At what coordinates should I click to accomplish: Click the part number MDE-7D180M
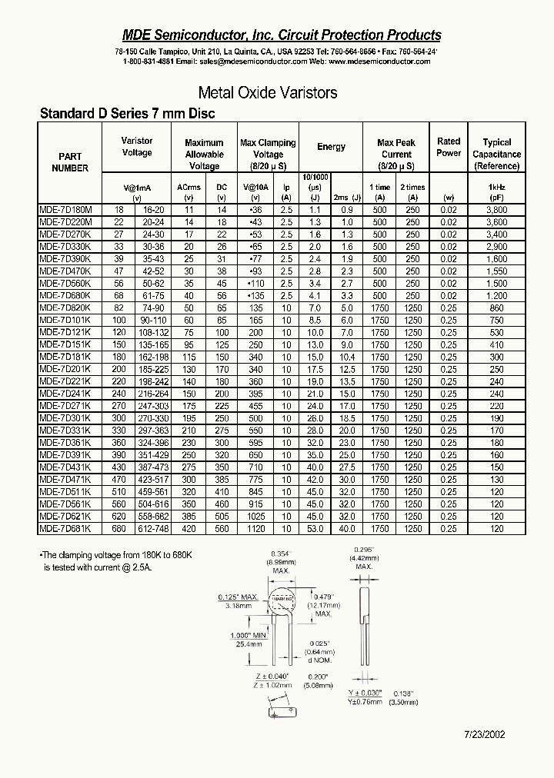[x=65, y=210]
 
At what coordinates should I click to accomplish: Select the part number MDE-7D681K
[x=65, y=529]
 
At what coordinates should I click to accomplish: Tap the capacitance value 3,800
[x=496, y=210]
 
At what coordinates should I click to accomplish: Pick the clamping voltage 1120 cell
[x=256, y=529]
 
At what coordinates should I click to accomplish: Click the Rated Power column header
[x=449, y=147]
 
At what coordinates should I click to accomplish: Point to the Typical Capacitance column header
[x=496, y=154]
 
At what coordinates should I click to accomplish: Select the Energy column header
[x=331, y=147]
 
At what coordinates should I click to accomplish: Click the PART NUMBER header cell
[x=70, y=162]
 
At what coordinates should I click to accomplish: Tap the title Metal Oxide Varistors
[x=268, y=93]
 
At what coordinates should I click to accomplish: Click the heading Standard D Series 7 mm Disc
[x=127, y=114]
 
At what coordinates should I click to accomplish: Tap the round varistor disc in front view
[x=285, y=600]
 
